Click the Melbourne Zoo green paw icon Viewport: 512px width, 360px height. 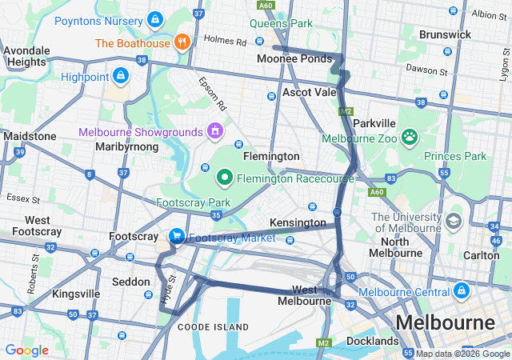click(x=410, y=136)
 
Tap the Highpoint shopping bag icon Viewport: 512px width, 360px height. click(x=120, y=76)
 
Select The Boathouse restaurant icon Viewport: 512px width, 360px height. click(x=182, y=42)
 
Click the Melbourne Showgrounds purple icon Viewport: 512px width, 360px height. click(x=214, y=130)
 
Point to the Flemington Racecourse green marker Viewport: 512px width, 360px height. click(x=226, y=177)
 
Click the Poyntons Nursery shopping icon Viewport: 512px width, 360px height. click(x=154, y=18)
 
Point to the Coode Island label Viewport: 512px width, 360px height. click(x=213, y=327)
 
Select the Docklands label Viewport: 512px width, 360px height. click(x=372, y=342)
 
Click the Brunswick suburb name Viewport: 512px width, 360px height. click(x=446, y=36)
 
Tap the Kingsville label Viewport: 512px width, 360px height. click(x=76, y=294)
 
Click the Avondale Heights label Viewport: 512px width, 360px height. click(x=27, y=55)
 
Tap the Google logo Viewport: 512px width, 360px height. click(x=26, y=350)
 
